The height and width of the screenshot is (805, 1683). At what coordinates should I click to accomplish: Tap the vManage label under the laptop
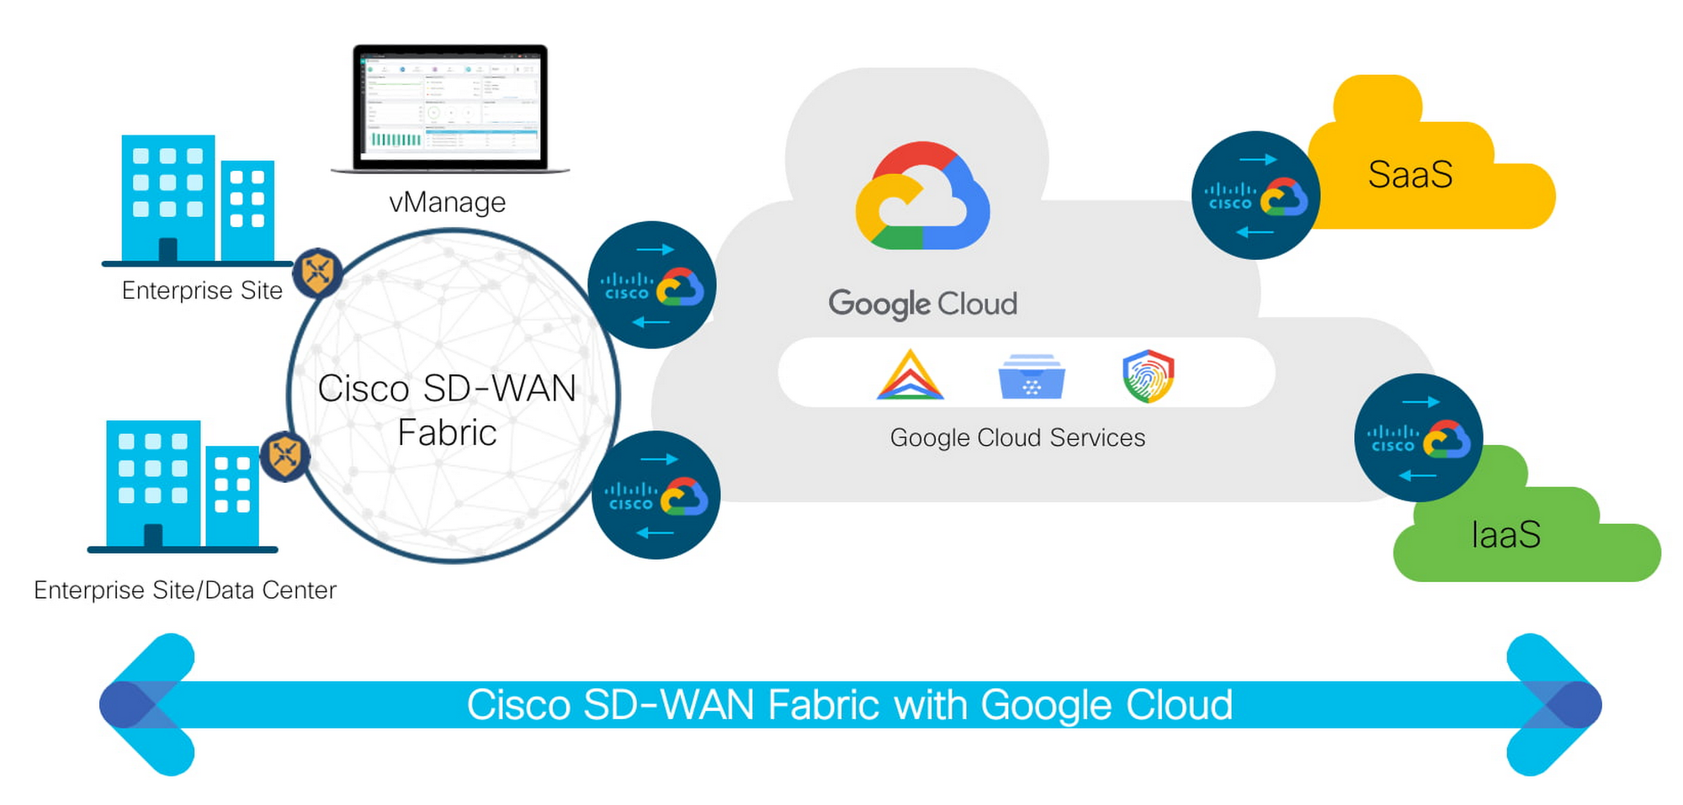tap(447, 203)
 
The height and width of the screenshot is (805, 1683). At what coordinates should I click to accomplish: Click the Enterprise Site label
tap(202, 290)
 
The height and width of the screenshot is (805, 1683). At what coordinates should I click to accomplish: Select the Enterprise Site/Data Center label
tap(185, 591)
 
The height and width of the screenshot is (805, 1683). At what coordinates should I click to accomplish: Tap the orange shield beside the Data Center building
tap(285, 456)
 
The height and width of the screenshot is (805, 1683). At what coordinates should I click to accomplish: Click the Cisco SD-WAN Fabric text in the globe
tap(447, 410)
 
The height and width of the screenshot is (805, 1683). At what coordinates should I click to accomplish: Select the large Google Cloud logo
tap(922, 197)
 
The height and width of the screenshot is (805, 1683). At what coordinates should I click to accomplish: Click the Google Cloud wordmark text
tap(922, 304)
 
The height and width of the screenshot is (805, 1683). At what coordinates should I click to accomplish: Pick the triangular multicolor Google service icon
tap(910, 375)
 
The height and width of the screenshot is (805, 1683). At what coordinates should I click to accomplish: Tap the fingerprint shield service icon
tap(1148, 375)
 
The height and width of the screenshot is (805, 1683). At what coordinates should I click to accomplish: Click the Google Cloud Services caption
tap(1017, 438)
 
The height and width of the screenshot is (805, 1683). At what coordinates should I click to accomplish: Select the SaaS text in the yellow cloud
tap(1410, 175)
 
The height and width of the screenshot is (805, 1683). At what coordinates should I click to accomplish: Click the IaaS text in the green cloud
tap(1506, 535)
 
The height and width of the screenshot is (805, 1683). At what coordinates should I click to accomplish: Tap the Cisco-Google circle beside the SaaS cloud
tap(1256, 195)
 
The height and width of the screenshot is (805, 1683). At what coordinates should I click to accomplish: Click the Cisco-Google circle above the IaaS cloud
tap(1419, 438)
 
